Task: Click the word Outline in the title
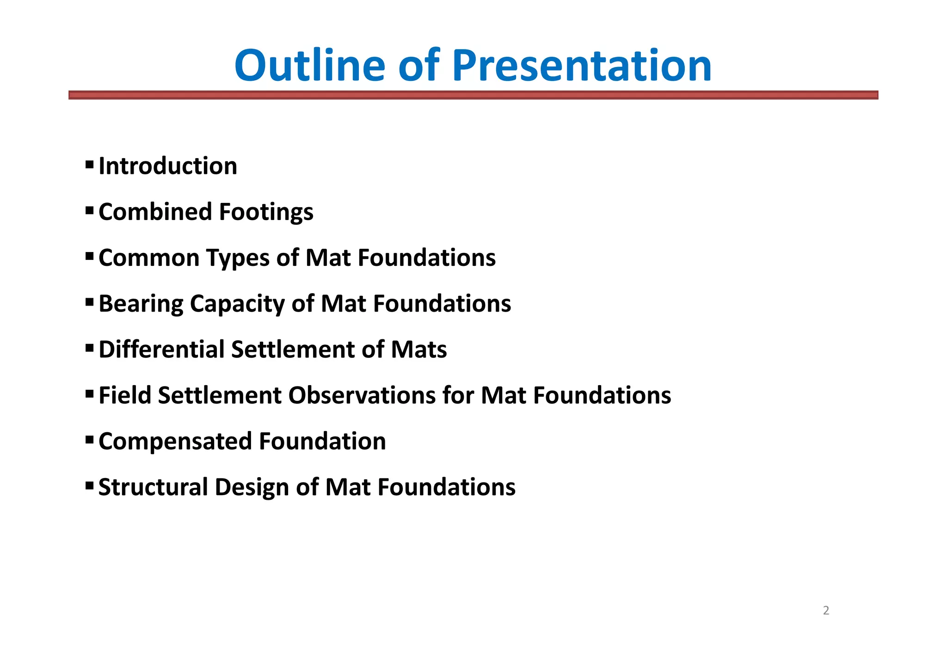tap(309, 66)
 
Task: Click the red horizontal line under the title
tap(473, 95)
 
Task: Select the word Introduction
tap(168, 166)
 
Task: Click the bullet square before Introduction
tap(90, 164)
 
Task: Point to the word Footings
tap(266, 212)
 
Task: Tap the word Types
tap(238, 258)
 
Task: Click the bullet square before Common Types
tap(90, 256)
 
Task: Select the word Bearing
tap(141, 304)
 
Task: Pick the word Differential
tap(161, 350)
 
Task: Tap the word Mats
tap(418, 350)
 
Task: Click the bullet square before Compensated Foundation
tap(90, 439)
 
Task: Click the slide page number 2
tap(826, 611)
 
